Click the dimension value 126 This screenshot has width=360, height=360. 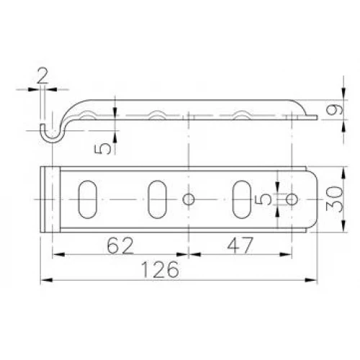pos(160,269)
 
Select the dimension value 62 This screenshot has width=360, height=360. pos(120,246)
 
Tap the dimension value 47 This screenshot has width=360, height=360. pos(240,246)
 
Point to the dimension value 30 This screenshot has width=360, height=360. pos(334,199)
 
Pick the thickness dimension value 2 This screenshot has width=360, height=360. pos(42,76)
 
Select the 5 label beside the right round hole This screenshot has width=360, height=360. pos(264,199)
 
